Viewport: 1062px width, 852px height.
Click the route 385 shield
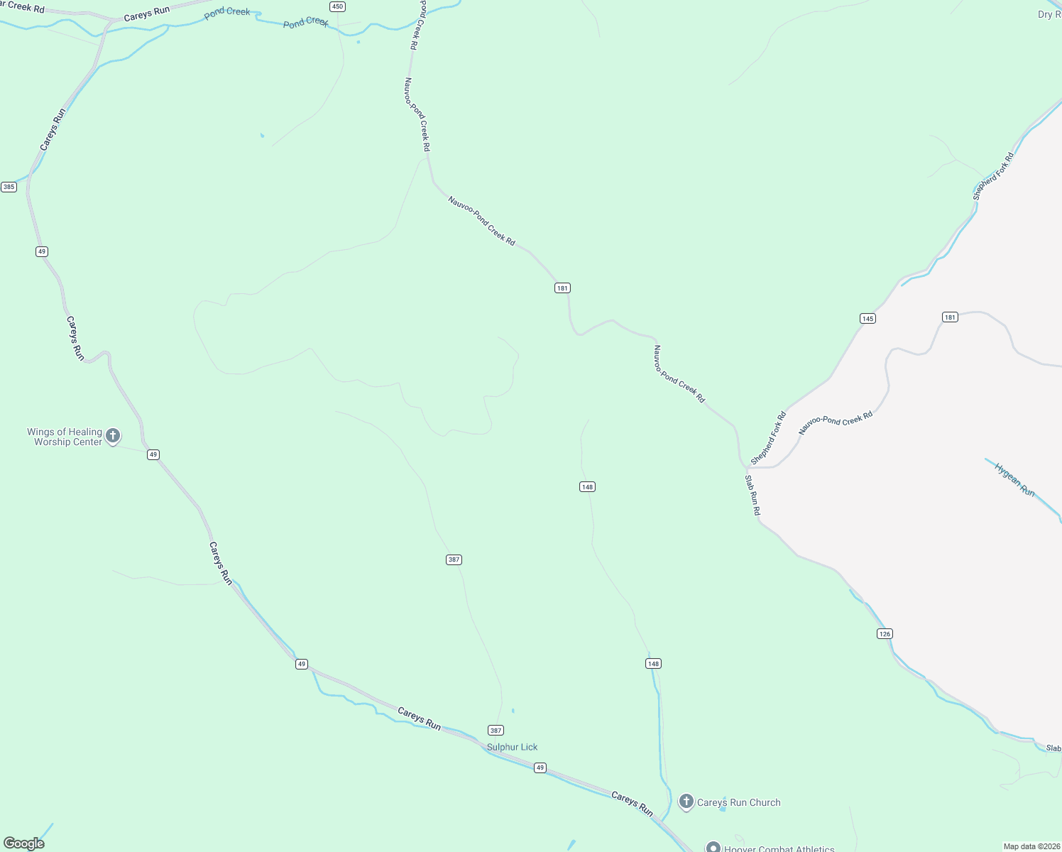[x=9, y=187]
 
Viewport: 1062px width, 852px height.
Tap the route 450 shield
[x=337, y=6]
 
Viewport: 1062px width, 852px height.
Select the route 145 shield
[x=867, y=318]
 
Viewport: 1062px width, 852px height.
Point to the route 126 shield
[x=885, y=633]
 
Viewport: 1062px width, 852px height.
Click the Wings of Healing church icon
[x=113, y=435]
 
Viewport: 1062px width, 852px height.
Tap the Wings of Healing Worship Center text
[x=65, y=437]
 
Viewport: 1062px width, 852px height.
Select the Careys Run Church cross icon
[x=686, y=802]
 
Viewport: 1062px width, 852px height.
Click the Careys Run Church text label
[x=738, y=802]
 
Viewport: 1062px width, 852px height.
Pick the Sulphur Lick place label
[x=512, y=747]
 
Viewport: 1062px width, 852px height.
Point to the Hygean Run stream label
[x=1014, y=480]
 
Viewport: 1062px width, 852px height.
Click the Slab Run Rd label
[x=752, y=495]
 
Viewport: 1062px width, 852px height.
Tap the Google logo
[x=24, y=843]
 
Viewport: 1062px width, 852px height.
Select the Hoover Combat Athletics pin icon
[x=713, y=847]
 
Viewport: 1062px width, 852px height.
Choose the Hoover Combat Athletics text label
[x=779, y=848]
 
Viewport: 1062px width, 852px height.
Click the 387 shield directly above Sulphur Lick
[x=496, y=730]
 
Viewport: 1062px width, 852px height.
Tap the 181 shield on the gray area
[x=950, y=317]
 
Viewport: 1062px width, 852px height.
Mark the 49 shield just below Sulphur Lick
[x=540, y=768]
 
